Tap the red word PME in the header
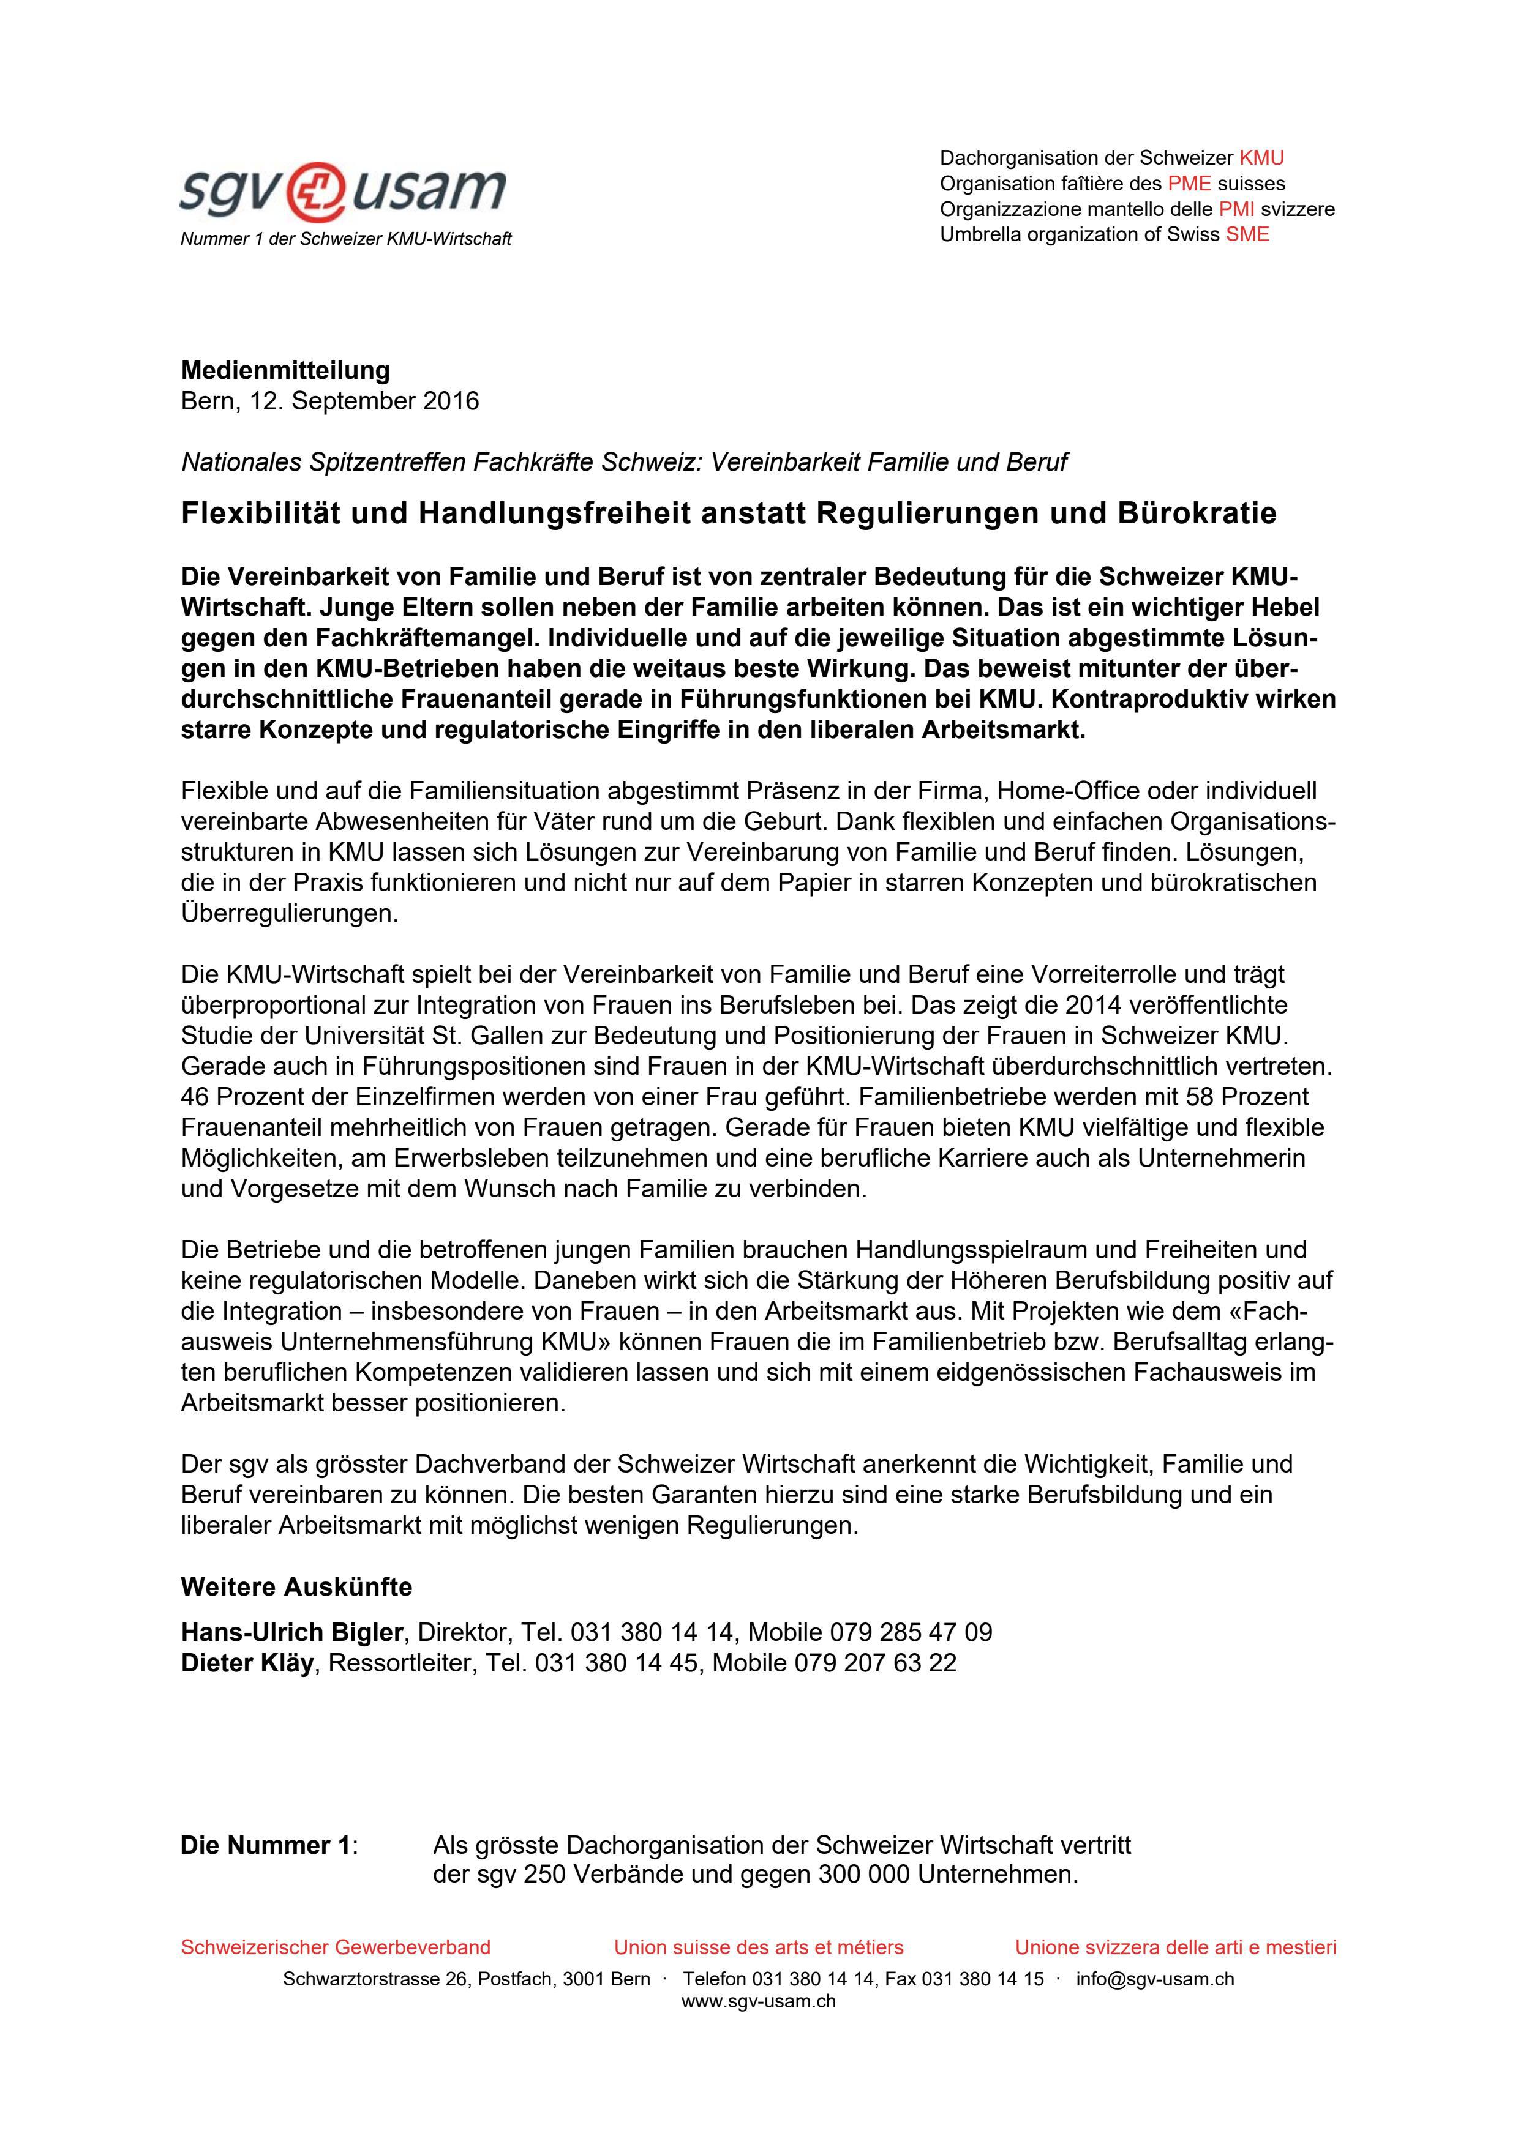(1189, 183)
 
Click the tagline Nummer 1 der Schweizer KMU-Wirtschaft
(345, 239)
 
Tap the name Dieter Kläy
(247, 1663)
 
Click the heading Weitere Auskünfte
(296, 1587)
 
